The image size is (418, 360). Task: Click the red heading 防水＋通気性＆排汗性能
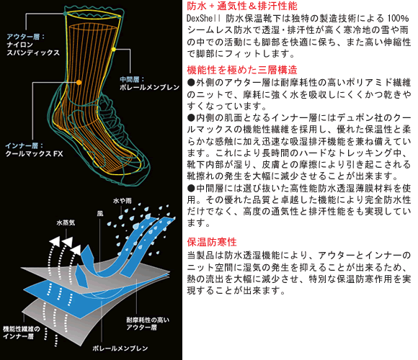242,6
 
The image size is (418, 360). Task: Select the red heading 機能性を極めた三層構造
242,70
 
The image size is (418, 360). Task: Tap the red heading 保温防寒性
212,242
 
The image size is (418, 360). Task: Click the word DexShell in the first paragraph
204,19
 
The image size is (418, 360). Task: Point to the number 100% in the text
398,19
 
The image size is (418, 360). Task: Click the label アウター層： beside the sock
26,37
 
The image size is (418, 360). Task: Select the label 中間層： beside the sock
132,79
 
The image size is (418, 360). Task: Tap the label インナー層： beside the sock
24,145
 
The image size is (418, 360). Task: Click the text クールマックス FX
34,153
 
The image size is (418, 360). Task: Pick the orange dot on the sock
79,83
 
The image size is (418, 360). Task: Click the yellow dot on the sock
114,49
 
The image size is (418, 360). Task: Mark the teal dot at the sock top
66,13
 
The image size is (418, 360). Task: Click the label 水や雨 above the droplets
123,201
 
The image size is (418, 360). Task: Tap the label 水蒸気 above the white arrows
66,222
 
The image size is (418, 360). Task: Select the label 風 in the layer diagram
100,214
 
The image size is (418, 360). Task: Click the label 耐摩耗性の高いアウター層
148,323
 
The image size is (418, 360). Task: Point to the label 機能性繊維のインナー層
22,333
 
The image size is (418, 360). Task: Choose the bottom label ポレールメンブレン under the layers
120,348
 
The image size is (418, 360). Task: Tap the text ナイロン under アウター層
19,45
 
